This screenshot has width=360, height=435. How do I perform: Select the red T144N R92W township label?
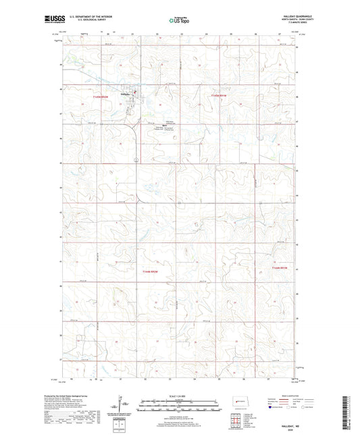click(154, 272)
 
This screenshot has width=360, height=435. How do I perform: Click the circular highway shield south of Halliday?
click(136, 160)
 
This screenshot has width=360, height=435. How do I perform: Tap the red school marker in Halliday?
click(134, 93)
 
